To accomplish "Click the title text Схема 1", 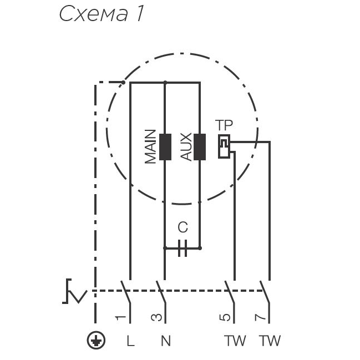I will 102,14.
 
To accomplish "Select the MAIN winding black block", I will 165,147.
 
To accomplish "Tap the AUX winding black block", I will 200,147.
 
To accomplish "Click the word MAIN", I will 151,147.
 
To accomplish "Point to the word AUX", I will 186,147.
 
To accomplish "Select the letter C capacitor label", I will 182,227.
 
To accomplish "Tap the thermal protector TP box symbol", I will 224,146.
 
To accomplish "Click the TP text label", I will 224,125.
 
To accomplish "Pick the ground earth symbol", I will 97,340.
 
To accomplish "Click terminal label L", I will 130,341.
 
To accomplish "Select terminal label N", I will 165,341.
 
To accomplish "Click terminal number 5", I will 225,317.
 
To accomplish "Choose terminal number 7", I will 260,317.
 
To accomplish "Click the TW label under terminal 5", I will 235,341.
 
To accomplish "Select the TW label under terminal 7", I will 270,341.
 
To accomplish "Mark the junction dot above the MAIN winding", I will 165,83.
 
